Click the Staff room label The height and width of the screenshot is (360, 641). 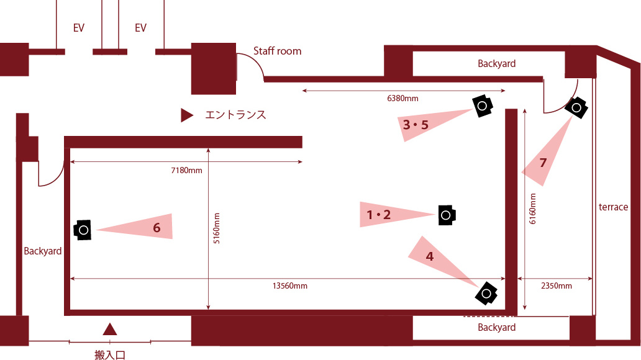pyautogui.click(x=277, y=51)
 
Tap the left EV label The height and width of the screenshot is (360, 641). pyautogui.click(x=78, y=28)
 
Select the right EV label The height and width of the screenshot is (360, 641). pyautogui.click(x=140, y=28)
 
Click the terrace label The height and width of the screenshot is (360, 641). pyautogui.click(x=613, y=207)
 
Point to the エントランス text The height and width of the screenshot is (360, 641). pyautogui.click(x=235, y=115)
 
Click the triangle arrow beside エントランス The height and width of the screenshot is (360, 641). pyautogui.click(x=187, y=115)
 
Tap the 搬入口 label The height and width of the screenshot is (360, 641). pyautogui.click(x=109, y=354)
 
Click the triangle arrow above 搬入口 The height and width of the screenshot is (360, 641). pyautogui.click(x=109, y=329)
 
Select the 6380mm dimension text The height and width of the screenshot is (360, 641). pyautogui.click(x=402, y=99)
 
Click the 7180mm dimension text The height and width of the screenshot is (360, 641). pyautogui.click(x=186, y=171)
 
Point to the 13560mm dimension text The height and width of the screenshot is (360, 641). pyautogui.click(x=290, y=286)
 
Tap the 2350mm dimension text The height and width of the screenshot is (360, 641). pyautogui.click(x=557, y=286)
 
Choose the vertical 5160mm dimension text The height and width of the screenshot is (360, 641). pyautogui.click(x=217, y=228)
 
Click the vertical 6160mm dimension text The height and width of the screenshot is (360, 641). pyautogui.click(x=533, y=209)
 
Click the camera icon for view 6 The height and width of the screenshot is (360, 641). pyautogui.click(x=83, y=230)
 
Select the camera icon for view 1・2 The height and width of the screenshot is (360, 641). pyautogui.click(x=447, y=215)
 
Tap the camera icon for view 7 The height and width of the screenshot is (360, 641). pyautogui.click(x=576, y=107)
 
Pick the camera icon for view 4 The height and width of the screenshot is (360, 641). pyautogui.click(x=486, y=293)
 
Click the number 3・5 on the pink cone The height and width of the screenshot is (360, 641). pyautogui.click(x=416, y=125)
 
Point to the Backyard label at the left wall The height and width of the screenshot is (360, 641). pyautogui.click(x=42, y=251)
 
